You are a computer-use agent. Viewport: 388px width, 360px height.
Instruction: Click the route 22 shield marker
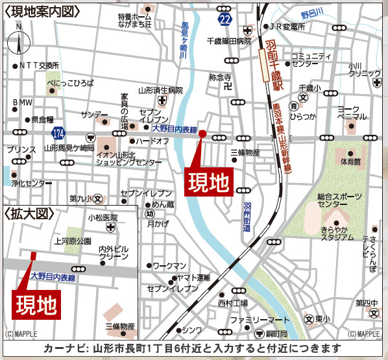pyautogui.click(x=224, y=19)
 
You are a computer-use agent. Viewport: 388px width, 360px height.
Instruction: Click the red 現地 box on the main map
pyautogui.click(x=209, y=182)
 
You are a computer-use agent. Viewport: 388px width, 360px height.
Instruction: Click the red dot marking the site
pyautogui.click(x=202, y=134)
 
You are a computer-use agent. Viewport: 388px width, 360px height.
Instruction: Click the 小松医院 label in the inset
pyautogui.click(x=103, y=218)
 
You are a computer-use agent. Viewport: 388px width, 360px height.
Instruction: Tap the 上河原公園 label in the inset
pyautogui.click(x=74, y=240)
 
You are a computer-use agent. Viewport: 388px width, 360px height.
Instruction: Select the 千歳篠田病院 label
pyautogui.click(x=228, y=41)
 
